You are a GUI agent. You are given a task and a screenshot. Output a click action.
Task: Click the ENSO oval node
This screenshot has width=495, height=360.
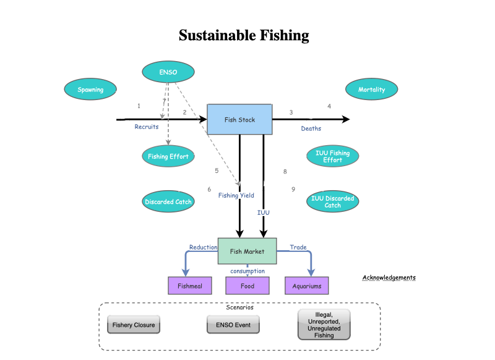pyautogui.click(x=168, y=72)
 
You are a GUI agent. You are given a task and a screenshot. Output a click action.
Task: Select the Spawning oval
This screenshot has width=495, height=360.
pyautogui.click(x=90, y=90)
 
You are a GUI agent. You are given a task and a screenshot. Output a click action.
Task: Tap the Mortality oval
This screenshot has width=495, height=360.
pyautogui.click(x=371, y=90)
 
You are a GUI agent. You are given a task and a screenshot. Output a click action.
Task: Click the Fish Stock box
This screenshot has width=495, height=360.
pyautogui.click(x=239, y=119)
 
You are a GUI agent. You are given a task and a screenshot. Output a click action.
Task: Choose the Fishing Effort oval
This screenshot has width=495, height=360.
pyautogui.click(x=168, y=156)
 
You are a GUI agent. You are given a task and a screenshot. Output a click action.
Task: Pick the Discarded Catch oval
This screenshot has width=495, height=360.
pyautogui.click(x=168, y=201)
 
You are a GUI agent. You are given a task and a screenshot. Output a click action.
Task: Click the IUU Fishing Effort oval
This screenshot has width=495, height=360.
pyautogui.click(x=332, y=156)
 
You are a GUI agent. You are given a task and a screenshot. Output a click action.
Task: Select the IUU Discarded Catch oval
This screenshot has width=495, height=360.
pyautogui.click(x=332, y=201)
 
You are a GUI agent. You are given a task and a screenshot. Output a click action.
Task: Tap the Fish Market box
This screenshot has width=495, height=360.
pyautogui.click(x=247, y=251)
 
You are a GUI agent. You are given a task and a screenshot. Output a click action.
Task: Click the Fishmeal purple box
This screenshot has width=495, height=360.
pyautogui.click(x=190, y=286)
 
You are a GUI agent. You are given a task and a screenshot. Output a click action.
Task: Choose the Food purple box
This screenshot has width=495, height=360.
pyautogui.click(x=247, y=286)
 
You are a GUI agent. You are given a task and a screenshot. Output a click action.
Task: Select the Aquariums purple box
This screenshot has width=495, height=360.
pyautogui.click(x=307, y=286)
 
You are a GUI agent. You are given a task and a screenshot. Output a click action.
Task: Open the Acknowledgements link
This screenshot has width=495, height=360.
pyautogui.click(x=389, y=278)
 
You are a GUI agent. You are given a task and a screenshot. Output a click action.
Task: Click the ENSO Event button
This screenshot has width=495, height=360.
pyautogui.click(x=233, y=325)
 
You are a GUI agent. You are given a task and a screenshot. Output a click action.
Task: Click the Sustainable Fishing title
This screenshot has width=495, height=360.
pyautogui.click(x=244, y=35)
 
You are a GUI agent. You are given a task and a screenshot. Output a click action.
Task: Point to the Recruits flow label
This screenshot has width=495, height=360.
pyautogui.click(x=147, y=127)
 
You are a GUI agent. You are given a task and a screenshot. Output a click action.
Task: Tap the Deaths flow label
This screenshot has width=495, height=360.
pyautogui.click(x=311, y=128)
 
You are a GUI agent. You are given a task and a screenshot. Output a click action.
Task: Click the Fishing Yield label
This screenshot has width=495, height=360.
pyautogui.click(x=236, y=196)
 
